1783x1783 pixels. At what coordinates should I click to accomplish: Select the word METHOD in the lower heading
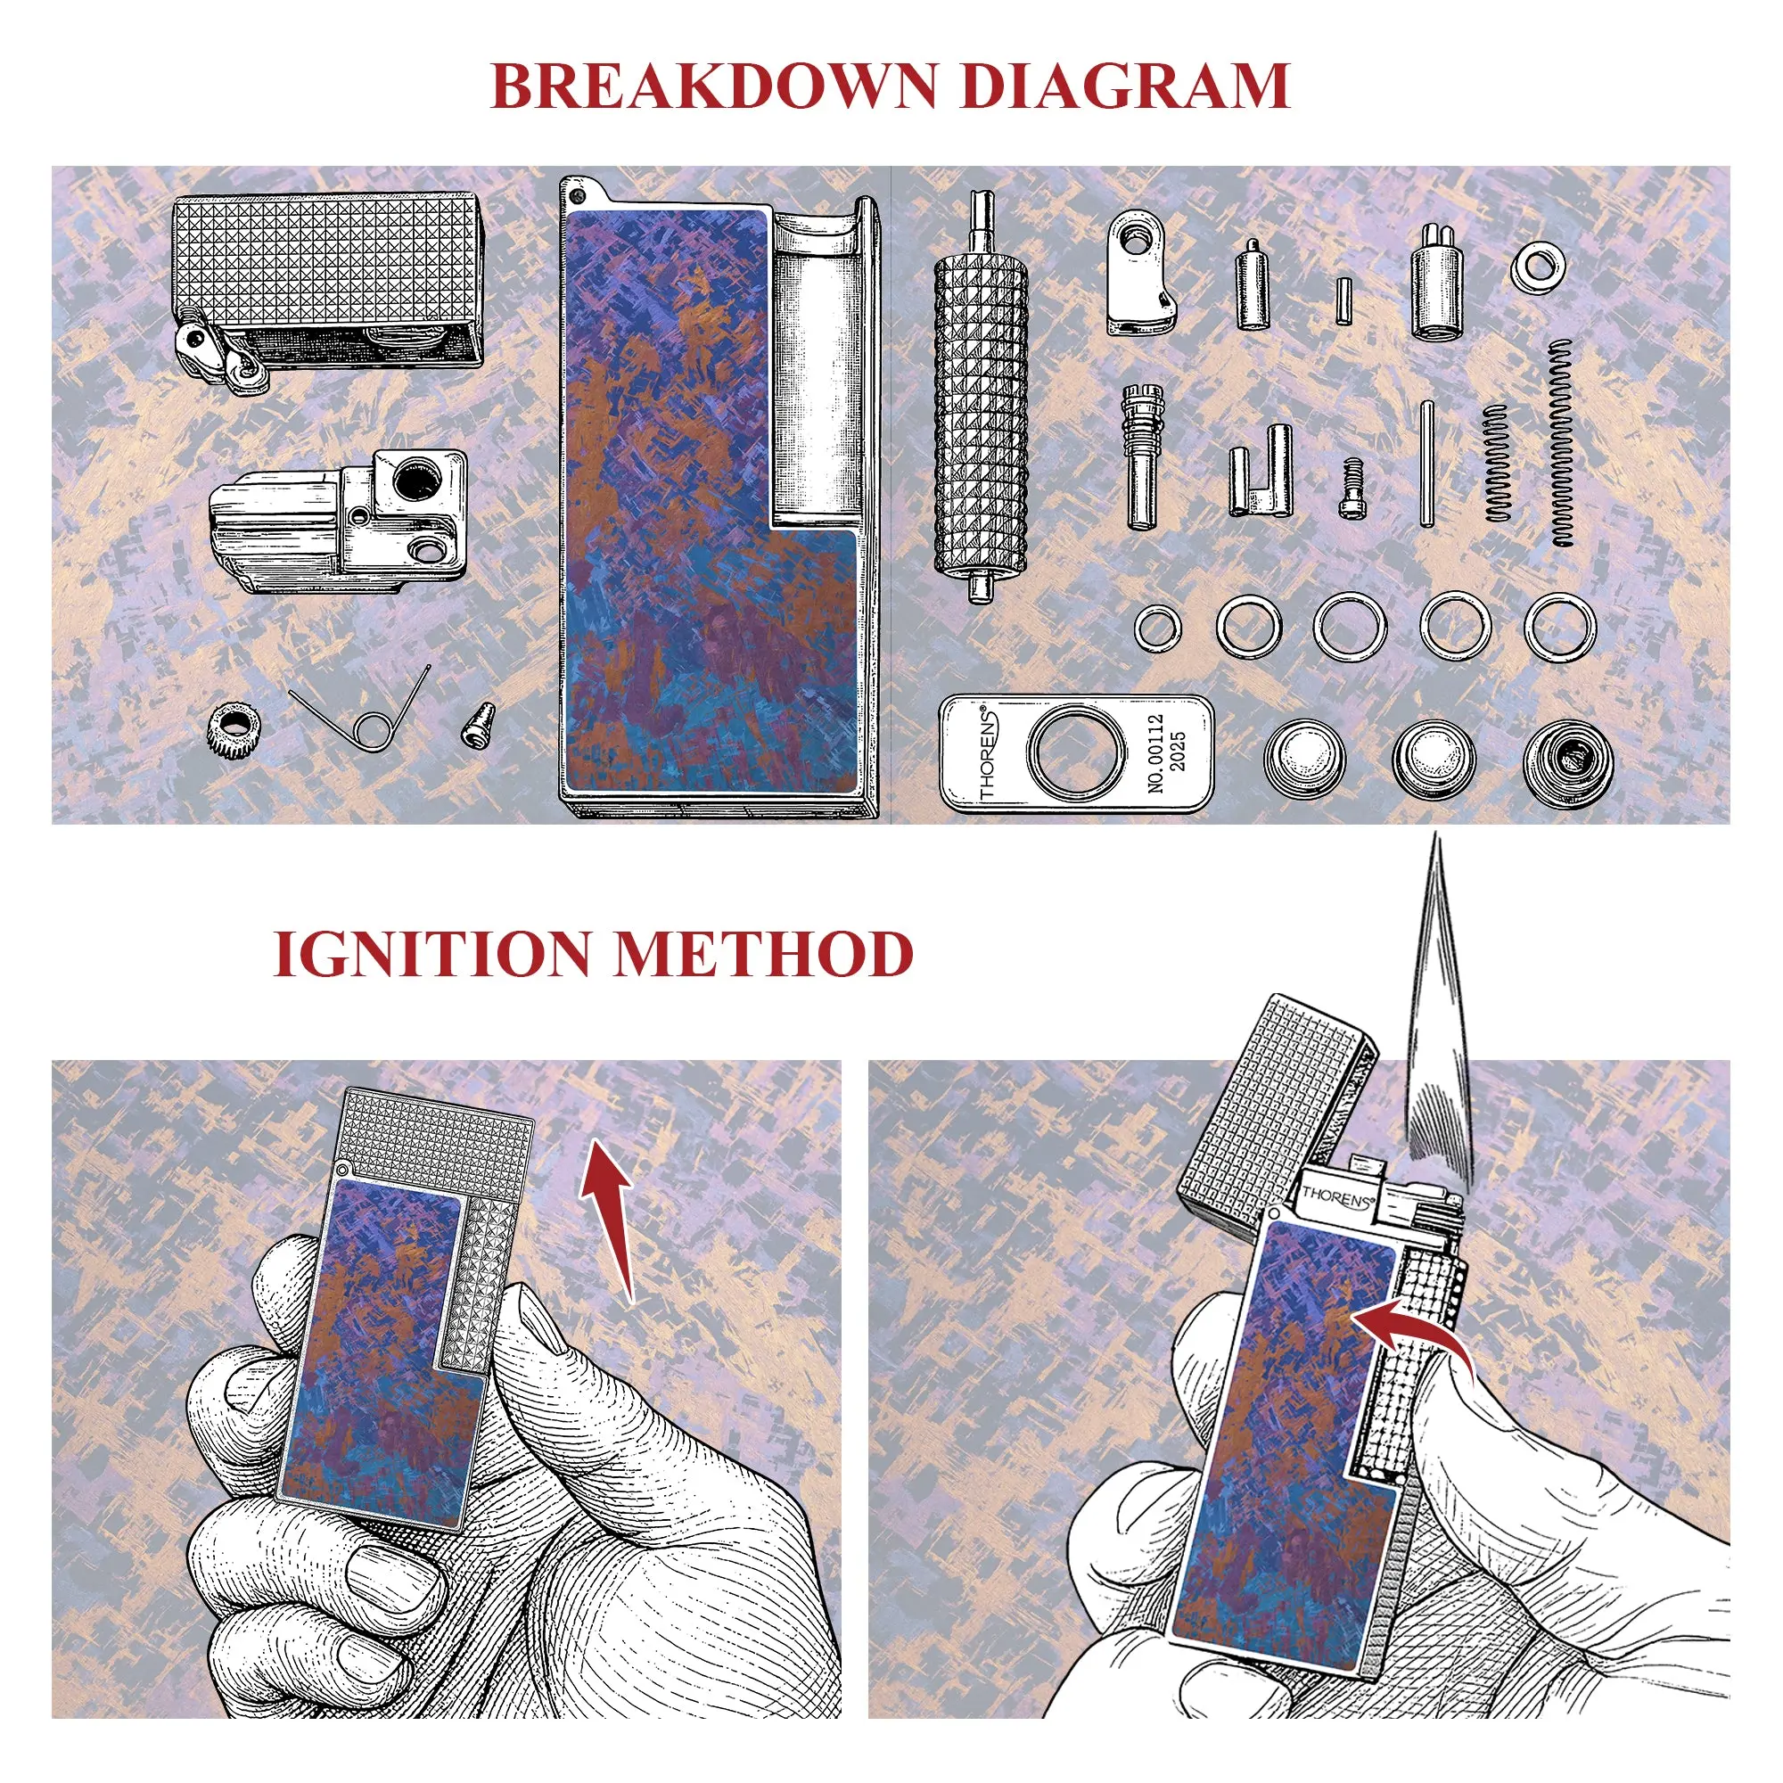[x=764, y=953]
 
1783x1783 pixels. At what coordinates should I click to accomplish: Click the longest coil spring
[x=1561, y=443]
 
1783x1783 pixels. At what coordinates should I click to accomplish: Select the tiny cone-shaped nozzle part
[x=478, y=727]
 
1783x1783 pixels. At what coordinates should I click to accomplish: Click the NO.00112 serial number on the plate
[x=1155, y=752]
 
